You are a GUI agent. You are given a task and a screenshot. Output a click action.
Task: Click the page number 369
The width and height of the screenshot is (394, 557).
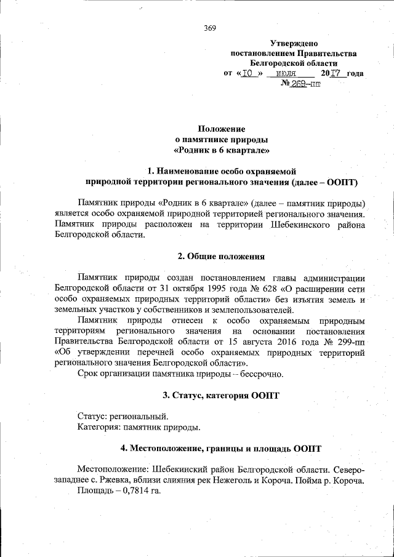209,27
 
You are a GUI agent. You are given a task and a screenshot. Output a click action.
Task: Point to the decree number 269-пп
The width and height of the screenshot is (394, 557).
305,84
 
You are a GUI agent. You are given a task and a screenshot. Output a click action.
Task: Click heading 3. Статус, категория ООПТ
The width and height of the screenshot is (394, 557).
221,395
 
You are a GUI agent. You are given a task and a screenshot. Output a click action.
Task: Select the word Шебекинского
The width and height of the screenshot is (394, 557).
299,225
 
